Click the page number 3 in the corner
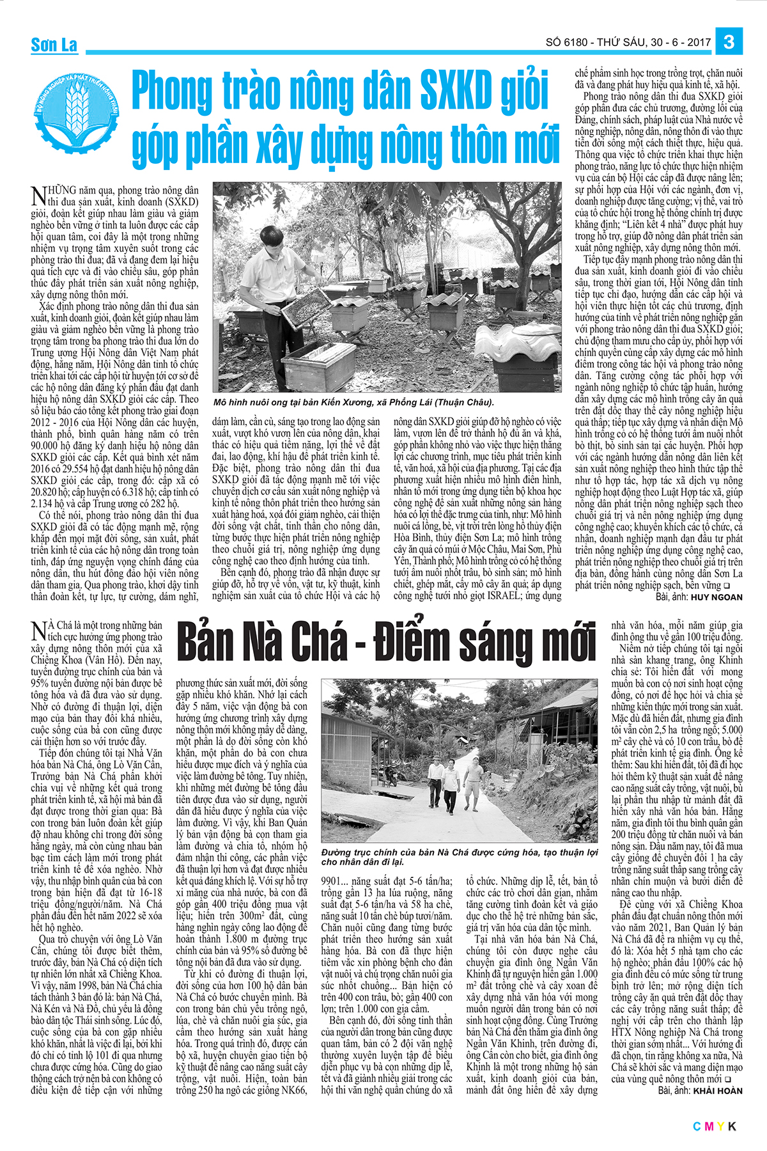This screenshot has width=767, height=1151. coord(729,42)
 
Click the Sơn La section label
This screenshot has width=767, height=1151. coord(54,45)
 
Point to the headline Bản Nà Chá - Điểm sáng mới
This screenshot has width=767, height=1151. coord(385,641)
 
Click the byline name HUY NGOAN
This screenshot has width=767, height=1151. coord(718,597)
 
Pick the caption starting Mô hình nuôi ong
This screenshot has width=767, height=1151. coord(354,402)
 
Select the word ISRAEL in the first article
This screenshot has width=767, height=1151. coord(495,596)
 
